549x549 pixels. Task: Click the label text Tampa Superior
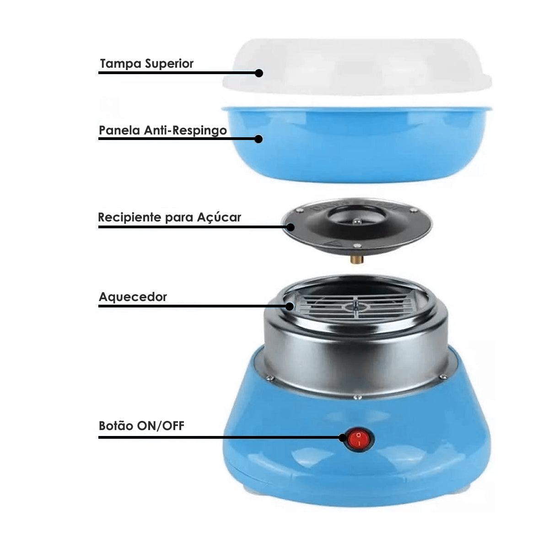pyautogui.click(x=146, y=64)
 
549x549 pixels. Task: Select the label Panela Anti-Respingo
pyautogui.click(x=163, y=130)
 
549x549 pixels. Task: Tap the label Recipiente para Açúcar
pyautogui.click(x=169, y=217)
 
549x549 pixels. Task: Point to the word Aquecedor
pyautogui.click(x=133, y=297)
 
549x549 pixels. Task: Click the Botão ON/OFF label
pyautogui.click(x=141, y=426)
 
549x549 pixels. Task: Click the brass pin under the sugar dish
pyautogui.click(x=355, y=259)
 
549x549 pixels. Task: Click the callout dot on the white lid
pyautogui.click(x=259, y=73)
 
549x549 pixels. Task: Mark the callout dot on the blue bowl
pyautogui.click(x=259, y=139)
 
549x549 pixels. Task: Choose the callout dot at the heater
pyautogui.click(x=290, y=306)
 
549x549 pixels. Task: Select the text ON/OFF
pyautogui.click(x=161, y=426)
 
